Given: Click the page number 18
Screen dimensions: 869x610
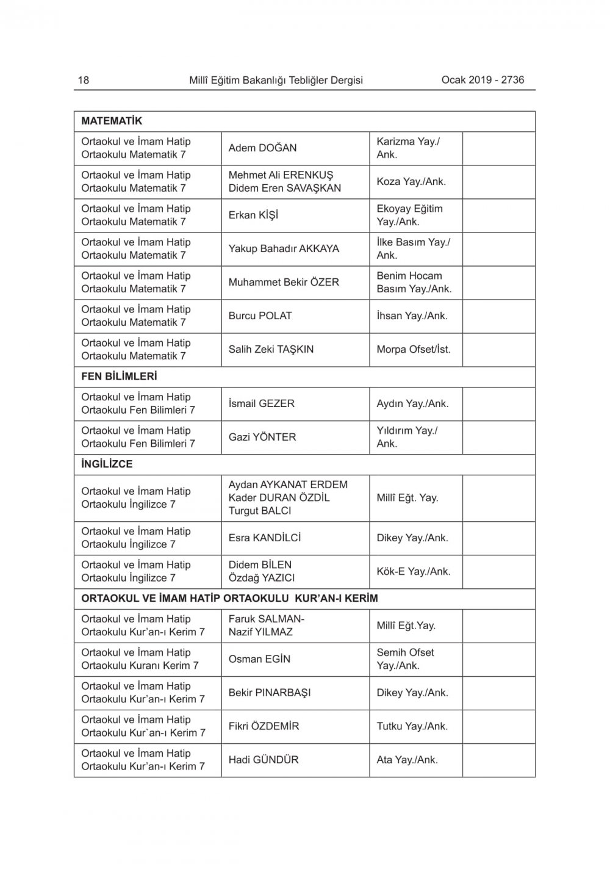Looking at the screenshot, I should [x=84, y=80].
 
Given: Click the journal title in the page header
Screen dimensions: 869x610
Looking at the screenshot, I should [x=276, y=80].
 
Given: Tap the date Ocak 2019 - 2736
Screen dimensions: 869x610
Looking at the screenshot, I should [x=483, y=79].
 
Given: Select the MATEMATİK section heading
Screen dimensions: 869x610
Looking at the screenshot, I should [x=112, y=121].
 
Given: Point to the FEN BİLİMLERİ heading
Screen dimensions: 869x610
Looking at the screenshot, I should [x=119, y=377].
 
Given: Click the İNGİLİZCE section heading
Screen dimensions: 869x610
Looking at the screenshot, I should [x=107, y=464].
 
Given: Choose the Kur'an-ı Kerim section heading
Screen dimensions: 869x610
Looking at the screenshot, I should [x=229, y=598].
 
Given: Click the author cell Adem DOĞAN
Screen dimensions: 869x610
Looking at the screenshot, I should [x=262, y=148].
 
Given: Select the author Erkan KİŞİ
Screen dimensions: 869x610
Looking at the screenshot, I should [x=253, y=215].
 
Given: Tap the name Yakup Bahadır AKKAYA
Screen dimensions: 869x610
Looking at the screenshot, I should [x=284, y=248].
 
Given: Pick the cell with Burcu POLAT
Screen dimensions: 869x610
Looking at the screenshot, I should [x=260, y=316].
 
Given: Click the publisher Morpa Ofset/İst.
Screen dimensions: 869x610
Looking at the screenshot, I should [x=414, y=349].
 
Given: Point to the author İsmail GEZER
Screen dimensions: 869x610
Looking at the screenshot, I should [x=261, y=403].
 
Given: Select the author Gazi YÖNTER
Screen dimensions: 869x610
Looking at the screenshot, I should [x=262, y=437].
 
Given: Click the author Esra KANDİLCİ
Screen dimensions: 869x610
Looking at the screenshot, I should [x=265, y=538].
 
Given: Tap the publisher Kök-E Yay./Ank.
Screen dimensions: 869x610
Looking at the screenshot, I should [x=413, y=571].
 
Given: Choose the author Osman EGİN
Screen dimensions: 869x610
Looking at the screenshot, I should [x=259, y=659].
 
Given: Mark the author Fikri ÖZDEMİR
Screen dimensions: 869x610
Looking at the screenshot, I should [x=264, y=726].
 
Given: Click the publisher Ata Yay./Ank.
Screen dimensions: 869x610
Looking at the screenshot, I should [x=407, y=760].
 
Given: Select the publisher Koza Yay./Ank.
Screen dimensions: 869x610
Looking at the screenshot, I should [x=411, y=181].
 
